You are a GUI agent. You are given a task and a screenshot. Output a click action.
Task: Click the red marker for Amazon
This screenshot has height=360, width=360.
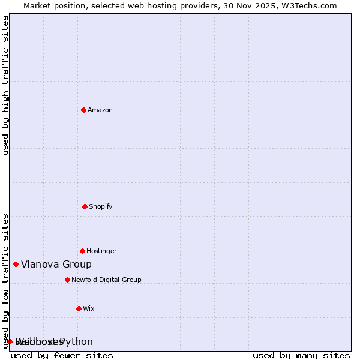(83, 110)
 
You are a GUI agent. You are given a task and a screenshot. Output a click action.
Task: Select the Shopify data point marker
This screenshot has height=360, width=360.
(85, 206)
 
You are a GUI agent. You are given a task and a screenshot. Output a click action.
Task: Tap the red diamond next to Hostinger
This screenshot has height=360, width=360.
(82, 251)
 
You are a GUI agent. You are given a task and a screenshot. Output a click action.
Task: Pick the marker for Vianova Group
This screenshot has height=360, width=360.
(16, 264)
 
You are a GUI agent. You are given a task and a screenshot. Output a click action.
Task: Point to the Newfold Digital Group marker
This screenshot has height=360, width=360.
(67, 280)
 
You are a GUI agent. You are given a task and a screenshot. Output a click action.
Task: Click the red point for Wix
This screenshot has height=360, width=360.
(79, 308)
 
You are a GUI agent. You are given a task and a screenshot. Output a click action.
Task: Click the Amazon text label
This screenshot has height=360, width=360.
(100, 110)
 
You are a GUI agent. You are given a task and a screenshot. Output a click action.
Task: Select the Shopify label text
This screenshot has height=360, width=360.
(101, 206)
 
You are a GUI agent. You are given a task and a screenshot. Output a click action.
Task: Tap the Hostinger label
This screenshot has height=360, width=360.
(101, 251)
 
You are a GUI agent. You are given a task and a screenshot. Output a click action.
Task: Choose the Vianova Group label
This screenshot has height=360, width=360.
(56, 264)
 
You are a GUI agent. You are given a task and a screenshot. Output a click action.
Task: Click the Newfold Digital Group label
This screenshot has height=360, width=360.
(106, 280)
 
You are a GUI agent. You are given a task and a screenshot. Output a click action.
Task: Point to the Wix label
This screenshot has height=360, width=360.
(89, 308)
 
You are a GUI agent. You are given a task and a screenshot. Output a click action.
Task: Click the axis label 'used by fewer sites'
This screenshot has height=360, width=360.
(62, 355)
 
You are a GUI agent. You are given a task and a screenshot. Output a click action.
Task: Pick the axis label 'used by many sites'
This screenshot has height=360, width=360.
(301, 355)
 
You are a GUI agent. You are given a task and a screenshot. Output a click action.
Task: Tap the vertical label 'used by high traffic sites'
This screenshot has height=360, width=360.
(5, 85)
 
